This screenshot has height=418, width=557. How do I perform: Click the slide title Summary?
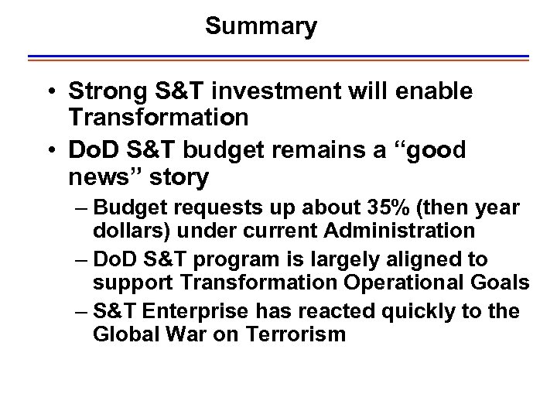pyautogui.click(x=261, y=27)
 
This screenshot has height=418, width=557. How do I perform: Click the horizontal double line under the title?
pyautogui.click(x=278, y=58)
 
